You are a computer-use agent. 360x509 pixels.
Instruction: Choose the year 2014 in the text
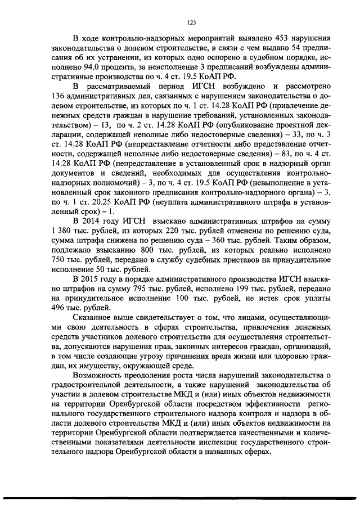(x=94, y=220)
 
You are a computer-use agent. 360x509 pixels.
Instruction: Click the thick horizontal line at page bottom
(x=180, y=497)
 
